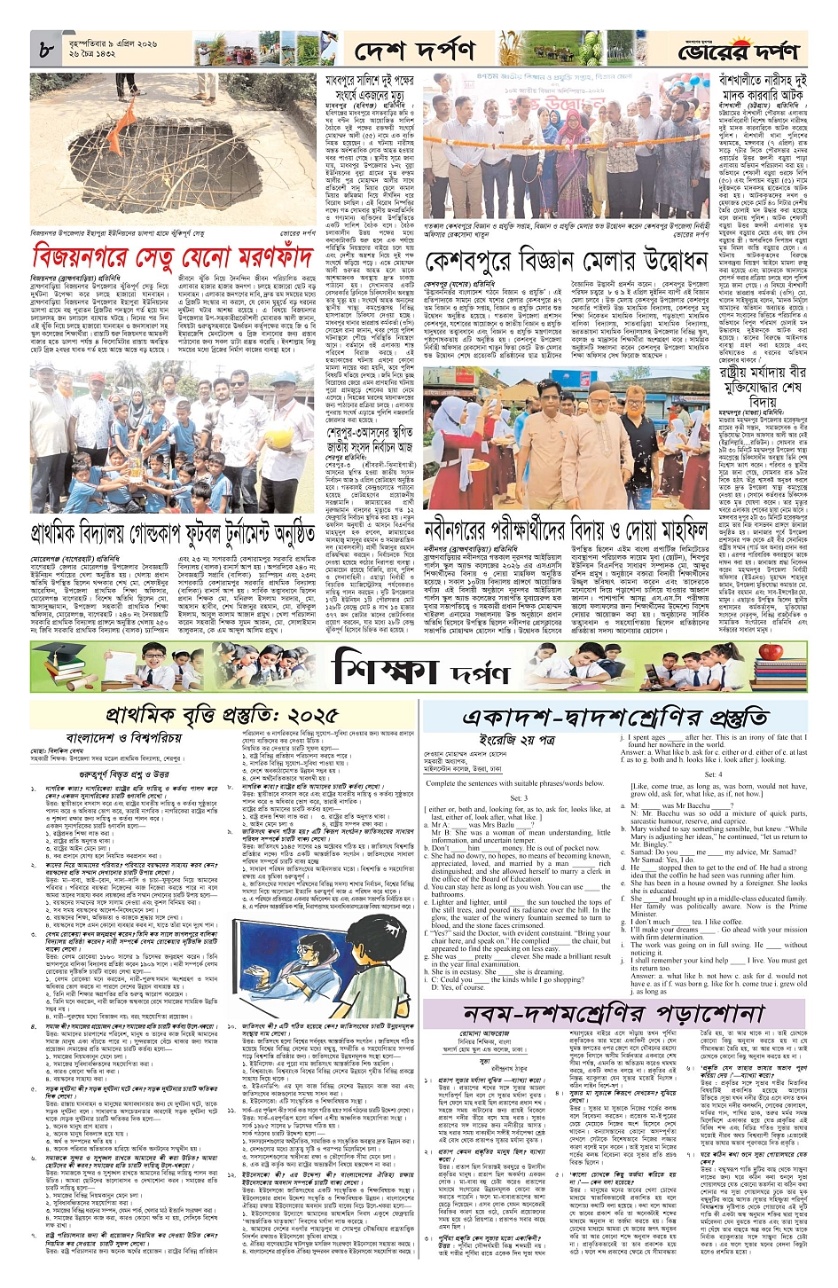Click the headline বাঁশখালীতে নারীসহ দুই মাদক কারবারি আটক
(750, 88)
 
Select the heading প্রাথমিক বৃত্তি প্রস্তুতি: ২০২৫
(222, 714)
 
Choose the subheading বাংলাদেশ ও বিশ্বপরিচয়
(124, 737)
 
